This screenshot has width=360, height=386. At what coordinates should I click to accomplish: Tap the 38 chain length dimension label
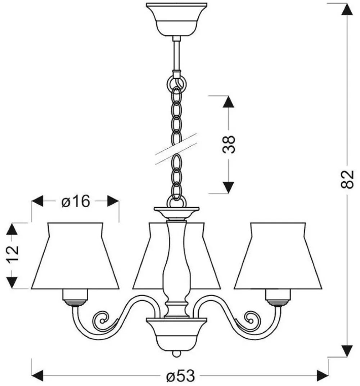pyautogui.click(x=228, y=144)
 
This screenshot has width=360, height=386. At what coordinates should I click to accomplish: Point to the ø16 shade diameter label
pyautogui.click(x=75, y=202)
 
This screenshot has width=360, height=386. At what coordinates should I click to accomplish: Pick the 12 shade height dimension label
pyautogui.click(x=13, y=256)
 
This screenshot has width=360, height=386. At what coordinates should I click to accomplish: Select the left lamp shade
pyautogui.click(x=75, y=257)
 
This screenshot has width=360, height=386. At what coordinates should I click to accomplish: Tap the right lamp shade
pyautogui.click(x=278, y=257)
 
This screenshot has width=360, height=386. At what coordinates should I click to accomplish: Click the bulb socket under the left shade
pyautogui.click(x=76, y=297)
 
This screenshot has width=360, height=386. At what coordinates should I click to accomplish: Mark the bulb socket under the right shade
pyautogui.click(x=278, y=297)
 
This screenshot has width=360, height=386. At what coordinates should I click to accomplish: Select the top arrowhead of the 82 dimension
pyautogui.click(x=347, y=9)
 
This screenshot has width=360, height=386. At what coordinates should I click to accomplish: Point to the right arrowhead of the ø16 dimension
pyautogui.click(x=113, y=201)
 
